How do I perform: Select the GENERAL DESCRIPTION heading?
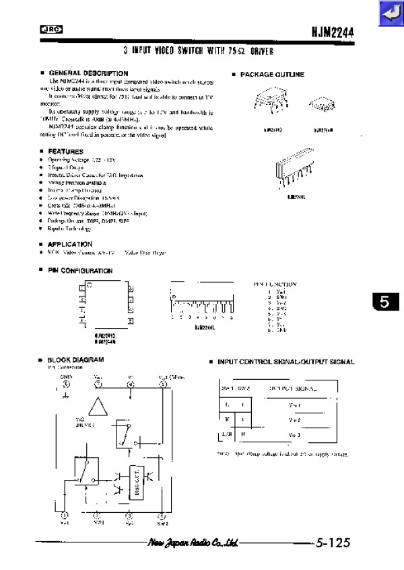point(88,73)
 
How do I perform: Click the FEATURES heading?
point(66,152)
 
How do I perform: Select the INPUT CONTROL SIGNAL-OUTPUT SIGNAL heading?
point(285,362)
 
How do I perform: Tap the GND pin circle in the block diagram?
point(65,385)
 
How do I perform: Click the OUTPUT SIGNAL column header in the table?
point(295,389)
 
